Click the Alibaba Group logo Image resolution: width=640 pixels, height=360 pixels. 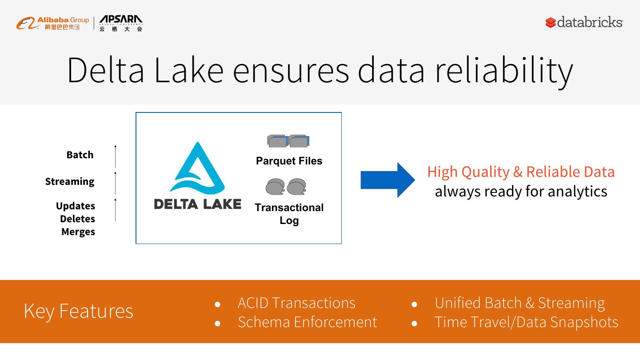(x=52, y=23)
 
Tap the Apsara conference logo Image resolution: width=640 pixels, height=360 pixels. (x=120, y=23)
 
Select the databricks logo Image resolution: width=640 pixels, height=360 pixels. (x=584, y=22)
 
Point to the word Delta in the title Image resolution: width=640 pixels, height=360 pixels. (x=105, y=70)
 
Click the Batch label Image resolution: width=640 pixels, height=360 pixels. (x=80, y=155)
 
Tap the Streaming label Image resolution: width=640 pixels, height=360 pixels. (x=70, y=181)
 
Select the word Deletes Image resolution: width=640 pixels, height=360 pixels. (x=78, y=219)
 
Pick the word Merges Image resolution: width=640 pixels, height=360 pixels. (x=78, y=232)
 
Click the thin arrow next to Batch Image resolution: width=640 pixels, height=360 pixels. (x=115, y=156)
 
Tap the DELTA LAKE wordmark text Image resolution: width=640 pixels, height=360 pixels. (x=197, y=204)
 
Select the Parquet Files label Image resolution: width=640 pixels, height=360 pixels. (x=289, y=161)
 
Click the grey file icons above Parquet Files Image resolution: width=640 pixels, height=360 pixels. (x=288, y=141)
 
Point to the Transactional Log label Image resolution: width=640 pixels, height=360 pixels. (x=289, y=214)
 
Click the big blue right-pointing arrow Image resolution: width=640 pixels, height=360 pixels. (x=387, y=180)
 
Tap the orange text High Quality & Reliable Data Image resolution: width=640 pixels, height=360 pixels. (x=521, y=172)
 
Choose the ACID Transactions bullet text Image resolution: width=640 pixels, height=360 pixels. (x=296, y=303)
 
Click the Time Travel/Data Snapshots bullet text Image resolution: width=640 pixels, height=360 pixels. (x=526, y=322)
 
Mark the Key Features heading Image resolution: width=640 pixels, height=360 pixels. (x=78, y=311)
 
